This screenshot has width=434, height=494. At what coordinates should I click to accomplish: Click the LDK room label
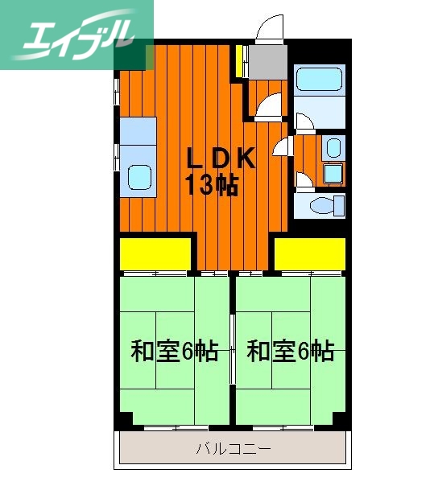click(221, 158)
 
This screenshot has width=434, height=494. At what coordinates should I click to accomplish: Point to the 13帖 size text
click(212, 186)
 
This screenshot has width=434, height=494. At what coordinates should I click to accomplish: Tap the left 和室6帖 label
click(174, 352)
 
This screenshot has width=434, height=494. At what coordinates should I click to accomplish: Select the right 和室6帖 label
click(290, 352)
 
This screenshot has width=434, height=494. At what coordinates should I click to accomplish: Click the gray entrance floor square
click(267, 61)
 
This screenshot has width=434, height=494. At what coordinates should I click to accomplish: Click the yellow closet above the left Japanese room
click(155, 254)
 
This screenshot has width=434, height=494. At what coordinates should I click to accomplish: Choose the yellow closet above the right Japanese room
click(310, 254)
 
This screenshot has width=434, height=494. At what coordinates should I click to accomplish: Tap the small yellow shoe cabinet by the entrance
click(240, 63)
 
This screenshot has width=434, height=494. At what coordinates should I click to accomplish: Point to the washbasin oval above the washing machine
click(333, 148)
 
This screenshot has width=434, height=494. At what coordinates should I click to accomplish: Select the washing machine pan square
click(333, 173)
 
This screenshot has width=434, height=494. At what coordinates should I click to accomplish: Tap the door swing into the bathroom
click(304, 121)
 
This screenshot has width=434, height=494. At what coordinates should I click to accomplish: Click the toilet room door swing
click(304, 179)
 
